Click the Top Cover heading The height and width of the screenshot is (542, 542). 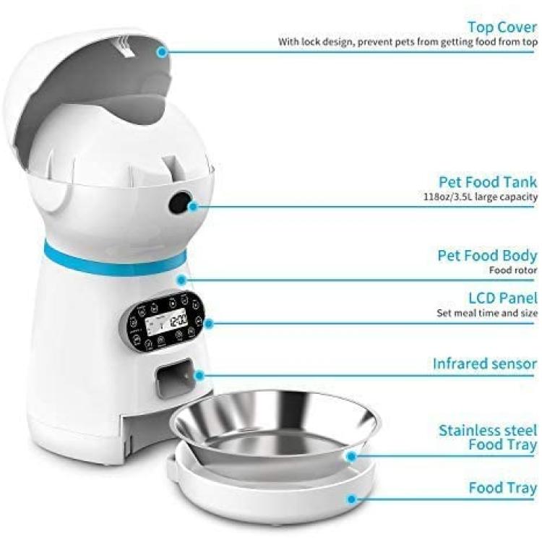pyautogui.click(x=502, y=27)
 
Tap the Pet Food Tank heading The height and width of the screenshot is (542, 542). pyautogui.click(x=488, y=182)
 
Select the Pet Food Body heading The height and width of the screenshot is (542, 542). pyautogui.click(x=487, y=256)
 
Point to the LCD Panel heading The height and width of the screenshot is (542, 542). pyautogui.click(x=503, y=298)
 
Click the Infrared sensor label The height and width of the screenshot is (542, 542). pyautogui.click(x=485, y=364)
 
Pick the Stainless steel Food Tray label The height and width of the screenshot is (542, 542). pyautogui.click(x=488, y=438)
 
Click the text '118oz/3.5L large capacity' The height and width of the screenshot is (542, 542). pyautogui.click(x=481, y=197)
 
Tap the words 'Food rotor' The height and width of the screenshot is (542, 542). pyautogui.click(x=513, y=270)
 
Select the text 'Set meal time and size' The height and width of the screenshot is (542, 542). pyautogui.click(x=487, y=313)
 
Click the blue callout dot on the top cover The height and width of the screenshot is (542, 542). pyautogui.click(x=162, y=52)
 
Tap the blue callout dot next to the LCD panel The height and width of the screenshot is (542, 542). pyautogui.click(x=208, y=324)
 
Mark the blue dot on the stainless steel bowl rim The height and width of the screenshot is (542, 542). pyautogui.click(x=351, y=457)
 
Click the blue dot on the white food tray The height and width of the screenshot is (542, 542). pyautogui.click(x=351, y=499)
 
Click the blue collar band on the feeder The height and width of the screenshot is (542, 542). pyautogui.click(x=114, y=258)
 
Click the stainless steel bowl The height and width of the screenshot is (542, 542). pyautogui.click(x=276, y=429)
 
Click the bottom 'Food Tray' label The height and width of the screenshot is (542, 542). pyautogui.click(x=503, y=488)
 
